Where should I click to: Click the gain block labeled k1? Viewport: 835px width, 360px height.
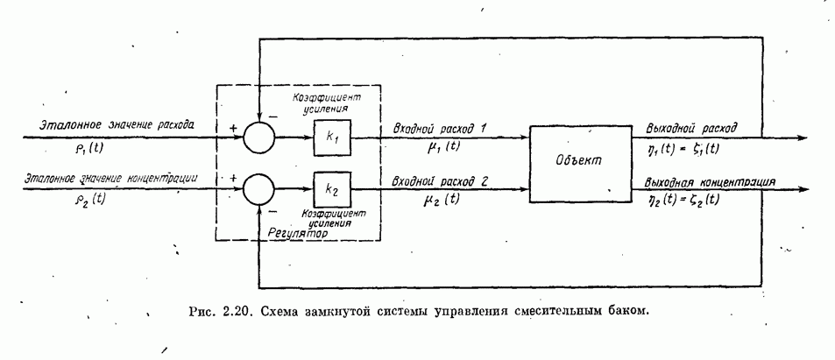tap(332, 138)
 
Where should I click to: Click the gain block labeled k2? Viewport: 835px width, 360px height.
tap(332, 187)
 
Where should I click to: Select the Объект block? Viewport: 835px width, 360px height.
tap(581, 164)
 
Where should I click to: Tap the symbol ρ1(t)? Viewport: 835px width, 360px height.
tap(66, 146)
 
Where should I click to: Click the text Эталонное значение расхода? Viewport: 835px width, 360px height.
tap(118, 125)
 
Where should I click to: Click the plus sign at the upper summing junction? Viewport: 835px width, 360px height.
tap(234, 127)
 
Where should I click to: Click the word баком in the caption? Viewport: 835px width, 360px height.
tap(626, 312)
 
